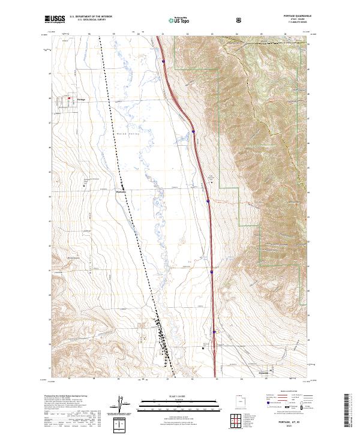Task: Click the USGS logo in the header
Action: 56,20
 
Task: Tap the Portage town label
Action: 82,100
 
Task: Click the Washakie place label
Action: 121,191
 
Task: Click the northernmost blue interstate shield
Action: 163,60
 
